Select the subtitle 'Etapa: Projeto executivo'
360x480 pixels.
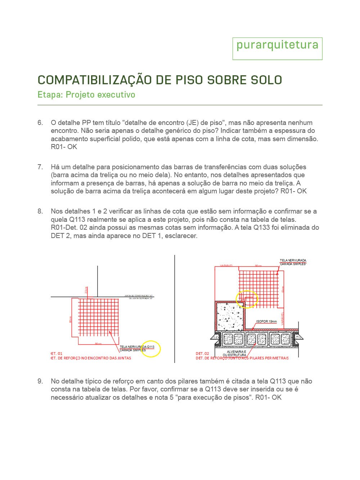86,95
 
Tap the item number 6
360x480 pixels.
40,123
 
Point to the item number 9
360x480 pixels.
40,381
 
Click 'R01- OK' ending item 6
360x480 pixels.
64,147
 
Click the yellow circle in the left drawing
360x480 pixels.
150,349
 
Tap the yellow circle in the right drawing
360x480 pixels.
247,299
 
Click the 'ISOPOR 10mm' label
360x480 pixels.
266,321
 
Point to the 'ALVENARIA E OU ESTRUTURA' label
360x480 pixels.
236,353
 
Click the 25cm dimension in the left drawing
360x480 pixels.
86,290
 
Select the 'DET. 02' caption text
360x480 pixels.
202,354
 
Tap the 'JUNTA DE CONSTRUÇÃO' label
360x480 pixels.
139,296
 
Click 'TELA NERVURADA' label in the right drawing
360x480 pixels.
293,260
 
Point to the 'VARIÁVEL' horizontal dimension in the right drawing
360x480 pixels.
226,266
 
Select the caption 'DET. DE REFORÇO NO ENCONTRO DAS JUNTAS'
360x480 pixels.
91,358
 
